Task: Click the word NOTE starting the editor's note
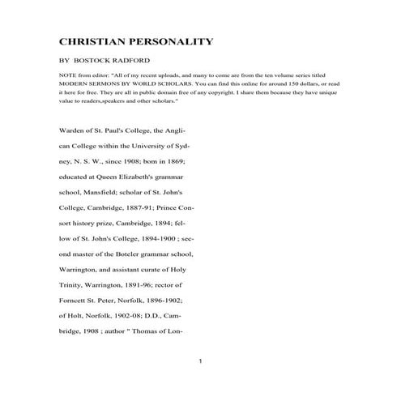[68, 74]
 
